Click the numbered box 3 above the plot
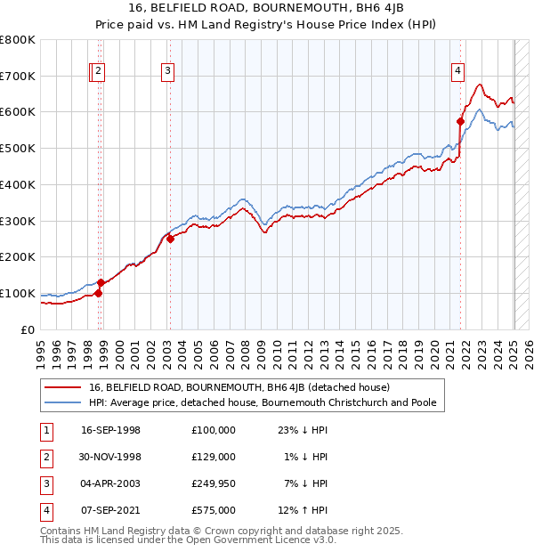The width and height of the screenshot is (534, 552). click(x=168, y=73)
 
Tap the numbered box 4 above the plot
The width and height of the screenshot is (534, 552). click(x=457, y=73)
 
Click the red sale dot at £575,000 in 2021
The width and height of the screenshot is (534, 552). click(x=461, y=121)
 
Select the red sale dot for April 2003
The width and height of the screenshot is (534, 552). click(x=170, y=239)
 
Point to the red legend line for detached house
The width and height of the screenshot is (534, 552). click(x=62, y=388)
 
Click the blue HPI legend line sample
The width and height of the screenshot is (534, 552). click(x=62, y=402)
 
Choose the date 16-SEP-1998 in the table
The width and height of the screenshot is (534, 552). click(x=110, y=430)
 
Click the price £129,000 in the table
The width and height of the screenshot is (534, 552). click(x=214, y=457)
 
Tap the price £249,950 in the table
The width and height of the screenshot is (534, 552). click(x=214, y=483)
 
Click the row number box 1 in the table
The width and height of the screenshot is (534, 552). click(x=45, y=430)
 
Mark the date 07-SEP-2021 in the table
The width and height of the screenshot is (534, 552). click(x=110, y=510)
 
